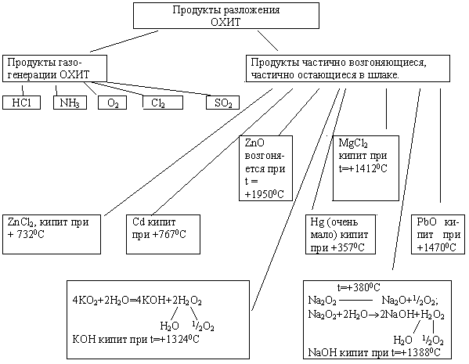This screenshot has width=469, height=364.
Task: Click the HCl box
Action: (22, 103)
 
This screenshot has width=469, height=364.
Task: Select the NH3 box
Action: (70, 103)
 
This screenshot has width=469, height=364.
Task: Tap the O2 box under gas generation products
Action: (113, 103)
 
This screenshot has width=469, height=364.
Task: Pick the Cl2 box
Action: (163, 103)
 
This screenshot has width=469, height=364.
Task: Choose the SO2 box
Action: (223, 103)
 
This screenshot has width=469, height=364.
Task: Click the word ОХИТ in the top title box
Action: (225, 22)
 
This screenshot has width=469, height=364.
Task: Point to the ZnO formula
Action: (254, 142)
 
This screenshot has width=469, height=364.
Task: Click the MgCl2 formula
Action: (353, 143)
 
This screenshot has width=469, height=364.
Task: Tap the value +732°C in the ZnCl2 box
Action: (26, 235)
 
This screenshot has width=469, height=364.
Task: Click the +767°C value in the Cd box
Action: (169, 235)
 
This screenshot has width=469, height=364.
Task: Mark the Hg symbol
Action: (316, 222)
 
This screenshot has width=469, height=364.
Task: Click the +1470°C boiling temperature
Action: (436, 247)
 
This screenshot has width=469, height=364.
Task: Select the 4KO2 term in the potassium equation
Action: (85, 301)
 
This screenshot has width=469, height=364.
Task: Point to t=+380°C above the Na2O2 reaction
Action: (359, 288)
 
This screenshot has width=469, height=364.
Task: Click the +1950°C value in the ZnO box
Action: (264, 194)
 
